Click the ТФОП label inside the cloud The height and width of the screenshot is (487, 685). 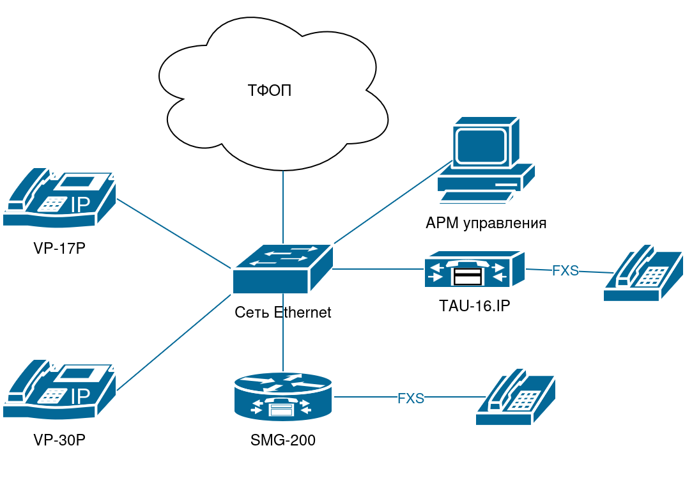[269, 90]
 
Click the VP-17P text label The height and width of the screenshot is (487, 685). [59, 248]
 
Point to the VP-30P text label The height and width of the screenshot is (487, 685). [59, 440]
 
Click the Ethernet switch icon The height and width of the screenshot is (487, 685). [282, 268]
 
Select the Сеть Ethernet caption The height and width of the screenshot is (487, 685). [283, 313]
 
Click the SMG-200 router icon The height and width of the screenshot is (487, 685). [283, 396]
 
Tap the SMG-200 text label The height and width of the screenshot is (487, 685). [283, 440]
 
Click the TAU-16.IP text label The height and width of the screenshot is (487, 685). [474, 305]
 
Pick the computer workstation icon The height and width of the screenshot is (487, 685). [486, 160]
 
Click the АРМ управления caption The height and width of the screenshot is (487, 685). [486, 223]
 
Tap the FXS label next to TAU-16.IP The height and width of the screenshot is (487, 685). [565, 271]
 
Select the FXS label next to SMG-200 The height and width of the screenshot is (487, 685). [411, 398]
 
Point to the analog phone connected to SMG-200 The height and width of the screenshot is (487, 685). [515, 397]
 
